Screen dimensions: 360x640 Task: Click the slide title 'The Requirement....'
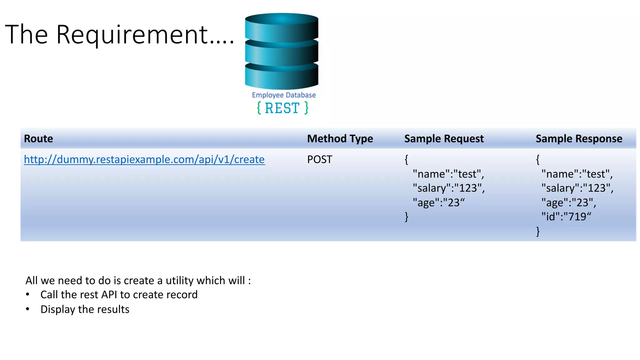tap(119, 34)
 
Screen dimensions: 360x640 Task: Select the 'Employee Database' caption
tap(284, 95)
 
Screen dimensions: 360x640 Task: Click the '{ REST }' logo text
tap(282, 108)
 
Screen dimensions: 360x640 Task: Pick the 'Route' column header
tap(38, 138)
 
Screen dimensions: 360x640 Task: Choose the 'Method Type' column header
tap(340, 138)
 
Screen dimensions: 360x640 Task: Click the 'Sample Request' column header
tap(444, 138)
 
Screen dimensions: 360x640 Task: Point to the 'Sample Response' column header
tap(579, 138)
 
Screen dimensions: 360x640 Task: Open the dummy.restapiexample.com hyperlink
tap(144, 159)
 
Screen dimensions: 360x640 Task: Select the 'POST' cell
tap(319, 159)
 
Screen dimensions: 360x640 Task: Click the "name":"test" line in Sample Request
tap(448, 174)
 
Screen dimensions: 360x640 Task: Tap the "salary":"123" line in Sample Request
tap(448, 188)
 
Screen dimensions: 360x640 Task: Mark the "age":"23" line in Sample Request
tap(438, 202)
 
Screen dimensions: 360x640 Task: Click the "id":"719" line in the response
tap(566, 217)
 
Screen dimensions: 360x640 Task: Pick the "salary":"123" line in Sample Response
tap(577, 188)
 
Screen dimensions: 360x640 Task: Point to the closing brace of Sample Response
tap(538, 231)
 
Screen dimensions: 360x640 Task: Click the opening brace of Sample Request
tap(406, 159)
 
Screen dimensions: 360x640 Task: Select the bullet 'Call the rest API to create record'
tap(119, 295)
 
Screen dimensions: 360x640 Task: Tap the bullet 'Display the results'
tap(85, 309)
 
